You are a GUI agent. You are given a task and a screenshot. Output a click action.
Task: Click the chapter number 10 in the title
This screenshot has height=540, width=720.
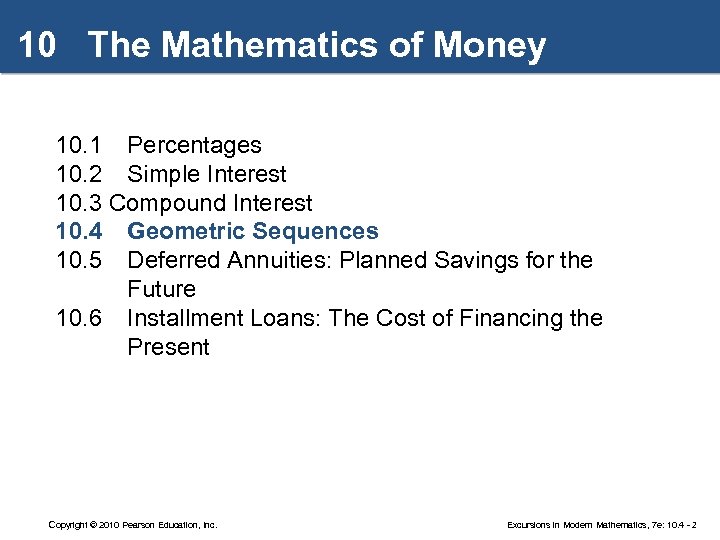click(36, 46)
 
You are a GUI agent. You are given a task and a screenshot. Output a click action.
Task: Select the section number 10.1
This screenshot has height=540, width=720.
click(79, 146)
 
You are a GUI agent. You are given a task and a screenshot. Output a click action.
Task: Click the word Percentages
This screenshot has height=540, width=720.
click(194, 146)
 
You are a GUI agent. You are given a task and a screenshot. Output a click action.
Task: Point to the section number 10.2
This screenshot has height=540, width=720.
click(79, 175)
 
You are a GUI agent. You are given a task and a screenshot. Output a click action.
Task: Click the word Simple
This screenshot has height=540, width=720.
click(164, 175)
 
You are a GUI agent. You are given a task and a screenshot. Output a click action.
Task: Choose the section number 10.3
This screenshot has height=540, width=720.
click(79, 204)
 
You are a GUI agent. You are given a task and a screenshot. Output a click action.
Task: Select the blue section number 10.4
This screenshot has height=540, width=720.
click(79, 232)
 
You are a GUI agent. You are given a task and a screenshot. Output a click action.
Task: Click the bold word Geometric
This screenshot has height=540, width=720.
click(185, 232)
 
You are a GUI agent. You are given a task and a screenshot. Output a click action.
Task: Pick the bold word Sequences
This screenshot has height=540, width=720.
click(315, 232)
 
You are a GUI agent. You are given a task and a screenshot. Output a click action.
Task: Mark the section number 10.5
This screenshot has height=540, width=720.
click(79, 261)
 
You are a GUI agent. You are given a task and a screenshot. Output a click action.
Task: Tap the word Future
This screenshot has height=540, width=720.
click(161, 290)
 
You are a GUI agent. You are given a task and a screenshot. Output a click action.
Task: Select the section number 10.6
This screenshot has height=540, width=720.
click(79, 319)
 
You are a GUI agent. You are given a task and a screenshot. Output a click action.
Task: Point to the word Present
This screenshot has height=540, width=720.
click(168, 348)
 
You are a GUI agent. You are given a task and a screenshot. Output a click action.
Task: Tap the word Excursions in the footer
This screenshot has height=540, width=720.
click(529, 524)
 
